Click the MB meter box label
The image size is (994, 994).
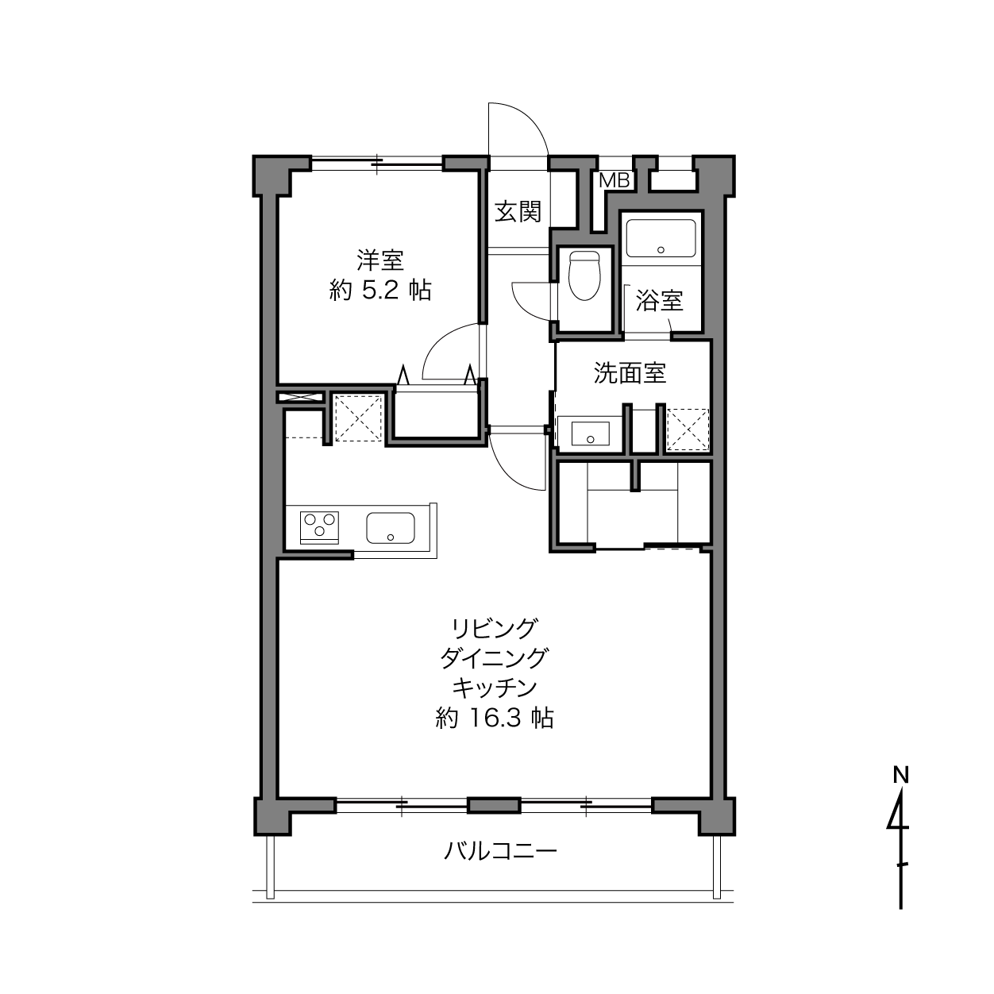(x=615, y=180)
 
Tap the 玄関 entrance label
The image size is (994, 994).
(x=518, y=211)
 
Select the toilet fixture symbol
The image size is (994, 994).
(x=584, y=275)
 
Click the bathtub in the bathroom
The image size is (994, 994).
(x=661, y=238)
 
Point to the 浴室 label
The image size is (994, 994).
(x=659, y=300)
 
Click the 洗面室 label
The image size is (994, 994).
(x=630, y=372)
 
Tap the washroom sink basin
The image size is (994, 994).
(x=591, y=433)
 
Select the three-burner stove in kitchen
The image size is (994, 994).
(x=319, y=528)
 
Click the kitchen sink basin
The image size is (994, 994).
(x=391, y=528)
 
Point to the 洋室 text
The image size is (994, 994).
(x=380, y=260)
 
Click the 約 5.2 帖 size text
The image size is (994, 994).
(x=380, y=291)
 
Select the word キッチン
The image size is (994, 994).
(x=495, y=688)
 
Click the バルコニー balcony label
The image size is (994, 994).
(x=500, y=850)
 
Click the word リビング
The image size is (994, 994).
(x=495, y=628)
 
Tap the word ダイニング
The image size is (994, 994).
(x=495, y=657)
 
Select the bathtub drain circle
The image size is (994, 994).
(x=661, y=250)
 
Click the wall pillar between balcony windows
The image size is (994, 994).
(x=494, y=806)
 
